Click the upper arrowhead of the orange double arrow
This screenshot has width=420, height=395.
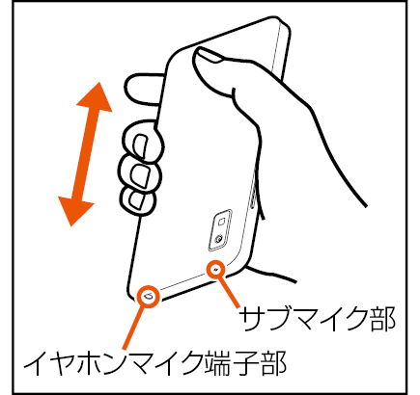point(97,98)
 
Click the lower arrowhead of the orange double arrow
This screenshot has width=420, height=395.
point(74,210)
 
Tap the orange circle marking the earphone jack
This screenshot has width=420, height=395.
point(148,297)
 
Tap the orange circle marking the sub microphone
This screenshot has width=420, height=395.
point(216,270)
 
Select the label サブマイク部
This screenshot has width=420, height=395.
point(318,319)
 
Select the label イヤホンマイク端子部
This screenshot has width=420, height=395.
point(154,363)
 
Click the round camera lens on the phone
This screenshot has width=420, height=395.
point(218,239)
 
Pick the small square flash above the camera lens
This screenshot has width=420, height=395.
point(221,222)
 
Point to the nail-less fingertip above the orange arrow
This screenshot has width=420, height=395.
point(142,89)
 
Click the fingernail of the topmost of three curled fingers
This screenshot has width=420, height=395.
point(140,146)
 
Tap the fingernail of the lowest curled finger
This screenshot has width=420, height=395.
point(136,198)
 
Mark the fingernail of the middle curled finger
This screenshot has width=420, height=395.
point(141,175)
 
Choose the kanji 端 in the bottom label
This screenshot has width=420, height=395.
point(217,363)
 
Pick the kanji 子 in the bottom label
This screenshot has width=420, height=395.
point(244,363)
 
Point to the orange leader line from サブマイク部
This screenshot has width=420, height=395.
point(229,292)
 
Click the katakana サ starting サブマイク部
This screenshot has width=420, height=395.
point(253,319)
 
